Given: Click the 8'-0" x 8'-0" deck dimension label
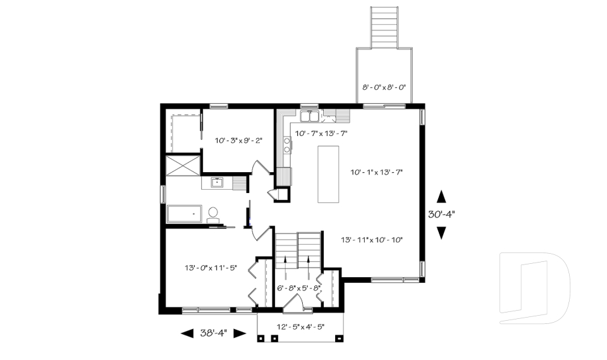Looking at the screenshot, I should coord(384,87).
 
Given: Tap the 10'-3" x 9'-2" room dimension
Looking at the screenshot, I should coord(235,141).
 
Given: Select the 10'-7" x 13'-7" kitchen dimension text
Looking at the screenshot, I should coord(321,133).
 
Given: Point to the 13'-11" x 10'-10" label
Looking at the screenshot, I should coord(372,239).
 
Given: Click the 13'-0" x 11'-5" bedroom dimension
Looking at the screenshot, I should coord(211,267).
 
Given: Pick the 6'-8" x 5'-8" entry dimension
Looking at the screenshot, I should coord(299,289).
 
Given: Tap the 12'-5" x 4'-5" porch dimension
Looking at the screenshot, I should coord(301,327).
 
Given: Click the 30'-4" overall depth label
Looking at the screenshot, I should coord(441,214).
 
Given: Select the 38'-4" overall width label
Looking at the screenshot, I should coord(213,333).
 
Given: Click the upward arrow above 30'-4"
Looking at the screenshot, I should coord(441,196).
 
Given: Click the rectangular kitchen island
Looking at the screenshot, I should coord(328,174).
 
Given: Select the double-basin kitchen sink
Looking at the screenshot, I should coord(309,116).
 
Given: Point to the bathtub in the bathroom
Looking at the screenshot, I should coord(184,214).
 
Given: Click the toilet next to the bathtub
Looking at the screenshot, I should coord(212,214).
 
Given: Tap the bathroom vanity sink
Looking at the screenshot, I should coord(218,183).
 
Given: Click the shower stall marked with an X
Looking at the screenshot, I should coord(182,164).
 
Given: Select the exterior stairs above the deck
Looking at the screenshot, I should coord(384,27).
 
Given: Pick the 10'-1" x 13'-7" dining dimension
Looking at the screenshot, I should coord(377,171).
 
